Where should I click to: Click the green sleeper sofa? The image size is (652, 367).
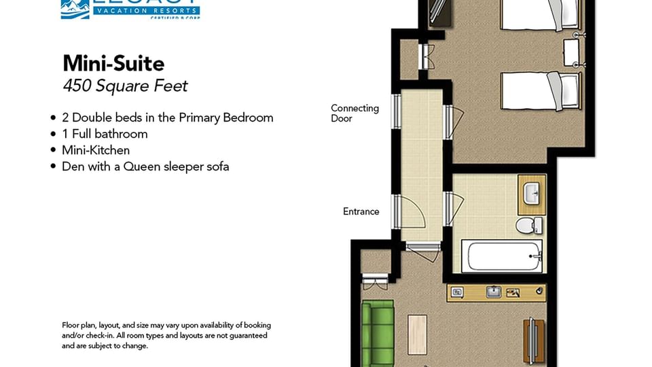click(378, 332)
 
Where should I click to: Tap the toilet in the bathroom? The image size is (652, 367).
click(528, 225)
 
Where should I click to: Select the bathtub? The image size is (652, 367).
click(503, 256)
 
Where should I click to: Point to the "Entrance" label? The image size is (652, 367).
click(361, 211)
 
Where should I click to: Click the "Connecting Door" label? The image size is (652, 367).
click(355, 113)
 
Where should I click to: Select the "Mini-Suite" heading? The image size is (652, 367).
click(113, 63)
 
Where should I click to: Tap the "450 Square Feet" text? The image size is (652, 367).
click(125, 86)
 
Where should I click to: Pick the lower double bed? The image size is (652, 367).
click(541, 91)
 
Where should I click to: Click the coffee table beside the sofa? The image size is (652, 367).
click(417, 334)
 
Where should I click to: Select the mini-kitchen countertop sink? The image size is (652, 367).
click(494, 292)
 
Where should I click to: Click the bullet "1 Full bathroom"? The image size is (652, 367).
click(105, 134)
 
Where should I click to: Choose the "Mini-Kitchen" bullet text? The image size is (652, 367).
click(96, 150)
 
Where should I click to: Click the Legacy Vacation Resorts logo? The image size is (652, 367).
click(130, 8)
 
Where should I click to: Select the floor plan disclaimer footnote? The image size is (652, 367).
click(164, 335)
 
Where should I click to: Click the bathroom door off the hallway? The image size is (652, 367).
click(450, 209)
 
